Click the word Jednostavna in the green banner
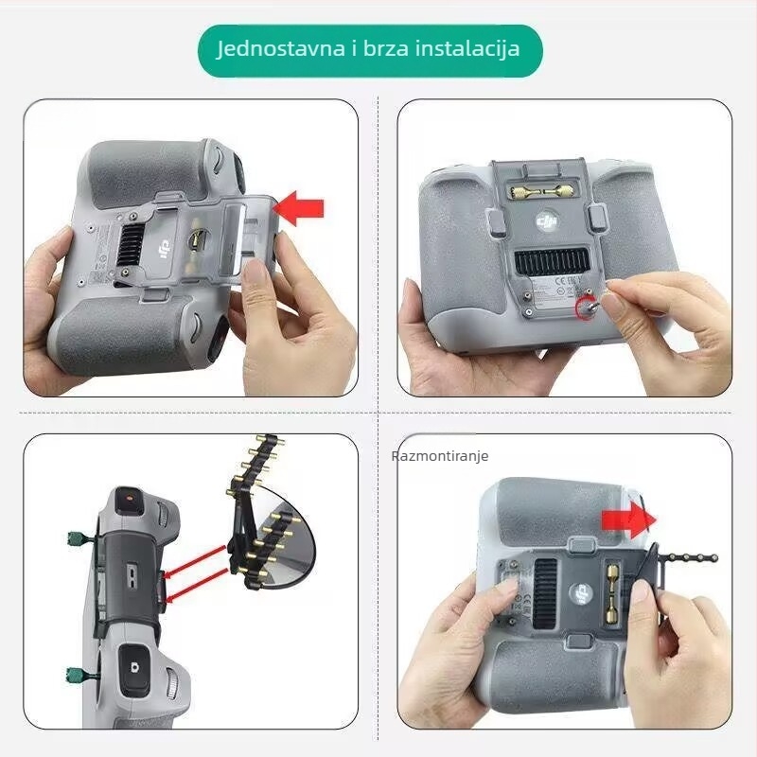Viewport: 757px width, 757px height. pos(274,48)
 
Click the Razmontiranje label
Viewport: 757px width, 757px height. pos(440,456)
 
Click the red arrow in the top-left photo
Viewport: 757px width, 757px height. pos(302,208)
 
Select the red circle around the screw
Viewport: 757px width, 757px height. pos(587,308)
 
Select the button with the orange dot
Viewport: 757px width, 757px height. pos(128,499)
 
